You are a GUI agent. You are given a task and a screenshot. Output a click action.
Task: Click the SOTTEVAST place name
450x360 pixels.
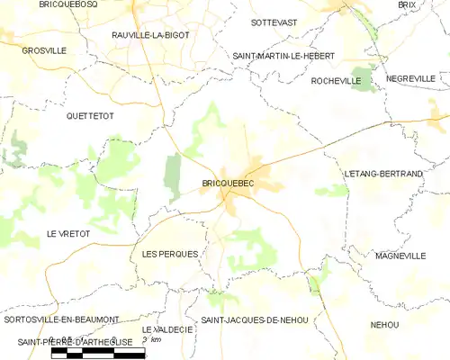coord(274,21)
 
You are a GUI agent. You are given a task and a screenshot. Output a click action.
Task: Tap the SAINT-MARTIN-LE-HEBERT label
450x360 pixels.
coord(283,56)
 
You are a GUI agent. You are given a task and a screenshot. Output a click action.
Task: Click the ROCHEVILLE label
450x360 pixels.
coord(336,81)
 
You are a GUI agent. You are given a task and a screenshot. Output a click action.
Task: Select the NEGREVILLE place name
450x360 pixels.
coord(417,79)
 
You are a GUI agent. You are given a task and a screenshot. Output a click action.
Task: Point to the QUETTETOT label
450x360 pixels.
coord(93,117)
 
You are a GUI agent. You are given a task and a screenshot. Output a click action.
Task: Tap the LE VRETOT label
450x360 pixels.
coord(68,234)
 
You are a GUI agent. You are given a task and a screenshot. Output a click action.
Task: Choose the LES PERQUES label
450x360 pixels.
coord(169,255)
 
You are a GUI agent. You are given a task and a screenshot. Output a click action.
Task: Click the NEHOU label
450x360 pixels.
coord(384,324)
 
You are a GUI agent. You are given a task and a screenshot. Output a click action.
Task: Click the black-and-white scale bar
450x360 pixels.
coord(97,354)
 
